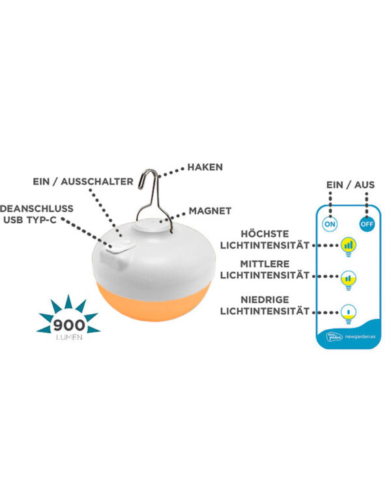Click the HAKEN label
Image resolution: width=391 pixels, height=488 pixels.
click(x=205, y=167)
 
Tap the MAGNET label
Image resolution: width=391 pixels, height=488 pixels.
click(x=210, y=211)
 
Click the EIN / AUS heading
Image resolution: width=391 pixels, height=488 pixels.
click(x=351, y=185)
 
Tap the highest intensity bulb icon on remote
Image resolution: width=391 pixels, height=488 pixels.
click(x=349, y=246)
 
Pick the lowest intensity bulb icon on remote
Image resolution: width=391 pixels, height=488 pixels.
click(x=349, y=312)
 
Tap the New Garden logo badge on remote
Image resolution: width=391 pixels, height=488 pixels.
click(x=334, y=336)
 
